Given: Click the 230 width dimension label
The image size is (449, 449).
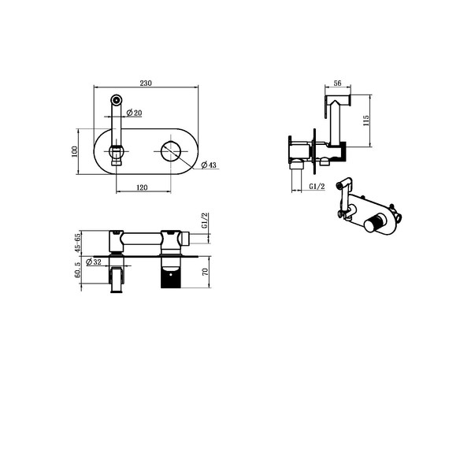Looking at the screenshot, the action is tap(146, 83).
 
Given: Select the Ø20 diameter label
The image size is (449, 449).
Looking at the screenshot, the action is tap(134, 113).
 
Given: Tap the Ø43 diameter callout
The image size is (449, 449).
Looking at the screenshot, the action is tap(209, 165).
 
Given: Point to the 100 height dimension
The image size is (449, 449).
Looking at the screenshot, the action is tap(74, 151).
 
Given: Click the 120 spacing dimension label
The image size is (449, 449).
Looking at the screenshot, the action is tap(142, 187).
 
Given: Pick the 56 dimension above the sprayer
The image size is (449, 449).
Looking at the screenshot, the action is tap(338, 83).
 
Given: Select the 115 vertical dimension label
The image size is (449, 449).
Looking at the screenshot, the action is tap(366, 121).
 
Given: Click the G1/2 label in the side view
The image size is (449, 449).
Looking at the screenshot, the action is tap(317, 187).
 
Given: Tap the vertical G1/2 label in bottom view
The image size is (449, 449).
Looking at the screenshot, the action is tap(205, 221).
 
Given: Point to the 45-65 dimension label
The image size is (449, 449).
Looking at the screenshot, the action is tap(77, 243).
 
